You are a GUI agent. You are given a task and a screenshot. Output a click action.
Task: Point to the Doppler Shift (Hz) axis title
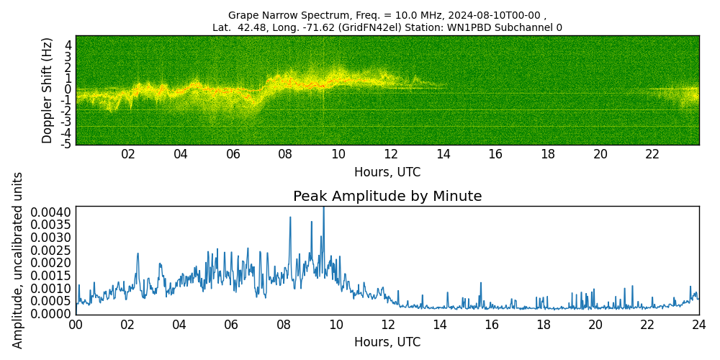coord(48,90)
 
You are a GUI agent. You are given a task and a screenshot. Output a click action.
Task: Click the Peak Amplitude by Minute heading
coord(387,197)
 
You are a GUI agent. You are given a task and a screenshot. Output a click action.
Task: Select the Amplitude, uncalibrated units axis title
coord(18,260)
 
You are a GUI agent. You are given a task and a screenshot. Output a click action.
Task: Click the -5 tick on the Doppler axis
coord(66,144)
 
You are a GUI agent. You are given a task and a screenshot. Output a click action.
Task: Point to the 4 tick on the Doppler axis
coord(68,45)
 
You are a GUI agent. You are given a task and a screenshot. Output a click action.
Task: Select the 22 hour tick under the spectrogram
coord(652,154)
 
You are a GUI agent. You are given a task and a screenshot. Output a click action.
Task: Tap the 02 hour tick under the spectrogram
coord(128,154)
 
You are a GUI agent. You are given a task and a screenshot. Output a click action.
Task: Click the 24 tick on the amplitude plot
coord(699,325)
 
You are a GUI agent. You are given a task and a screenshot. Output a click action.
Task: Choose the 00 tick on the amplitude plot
coord(76,325)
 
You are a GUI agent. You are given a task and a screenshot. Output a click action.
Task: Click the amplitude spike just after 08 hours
coord(290,217)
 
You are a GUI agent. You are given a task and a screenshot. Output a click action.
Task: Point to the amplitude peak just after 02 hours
coord(138,253)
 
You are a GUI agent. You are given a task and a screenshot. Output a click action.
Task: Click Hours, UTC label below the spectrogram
coord(387,173)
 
